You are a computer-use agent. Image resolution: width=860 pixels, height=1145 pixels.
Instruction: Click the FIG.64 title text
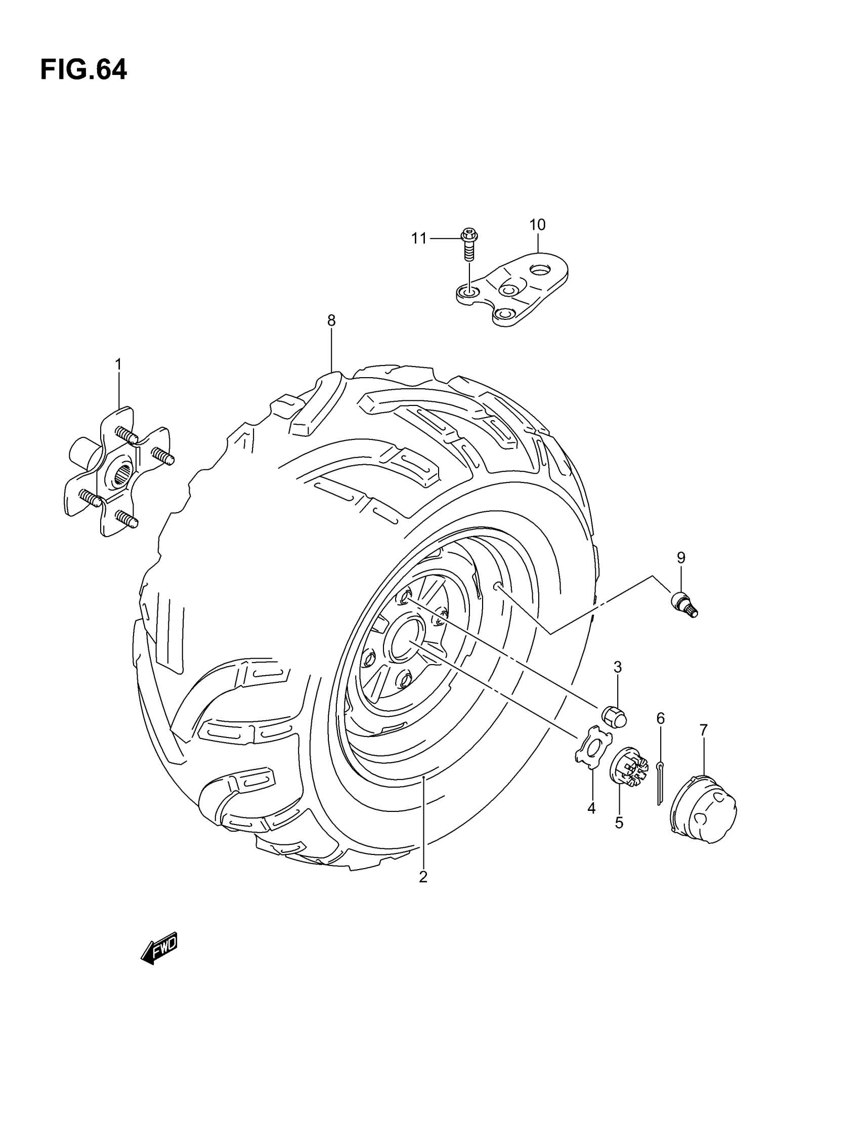(x=83, y=70)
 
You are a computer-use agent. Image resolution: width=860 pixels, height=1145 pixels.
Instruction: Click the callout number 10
(x=538, y=225)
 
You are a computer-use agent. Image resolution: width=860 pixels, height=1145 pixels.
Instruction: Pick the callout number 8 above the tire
(x=331, y=320)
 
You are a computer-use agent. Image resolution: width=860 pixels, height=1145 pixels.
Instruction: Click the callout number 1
(x=118, y=365)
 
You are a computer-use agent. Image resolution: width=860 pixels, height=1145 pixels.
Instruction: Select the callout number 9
(x=681, y=557)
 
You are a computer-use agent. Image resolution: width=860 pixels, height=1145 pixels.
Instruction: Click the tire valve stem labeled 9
(x=684, y=604)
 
